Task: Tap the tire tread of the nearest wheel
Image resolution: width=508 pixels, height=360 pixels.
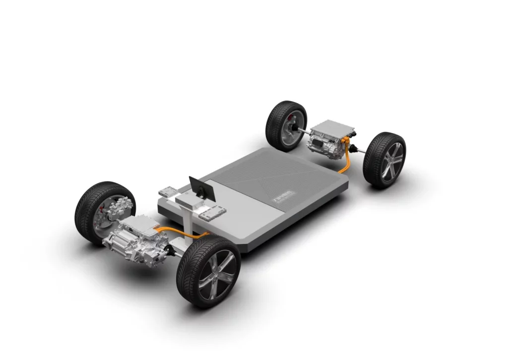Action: [189, 288]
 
